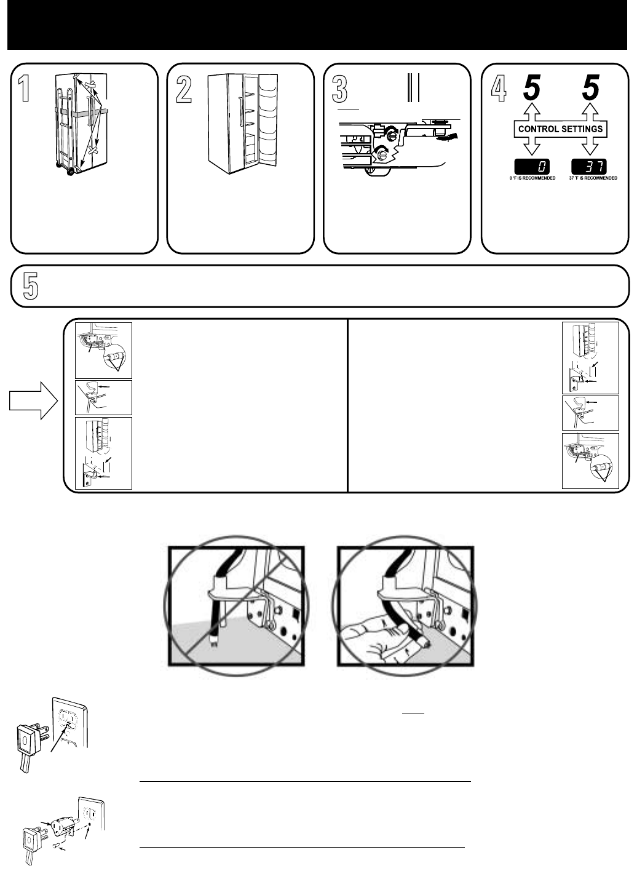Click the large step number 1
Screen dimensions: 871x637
tap(24, 88)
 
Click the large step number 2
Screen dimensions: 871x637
tap(182, 88)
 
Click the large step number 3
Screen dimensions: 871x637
tap(339, 88)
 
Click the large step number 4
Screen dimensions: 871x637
tap(499, 88)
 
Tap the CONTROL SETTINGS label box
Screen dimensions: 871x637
tap(561, 129)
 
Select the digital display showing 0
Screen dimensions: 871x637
tap(532, 166)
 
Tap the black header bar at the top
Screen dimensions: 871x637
tap(318, 25)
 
